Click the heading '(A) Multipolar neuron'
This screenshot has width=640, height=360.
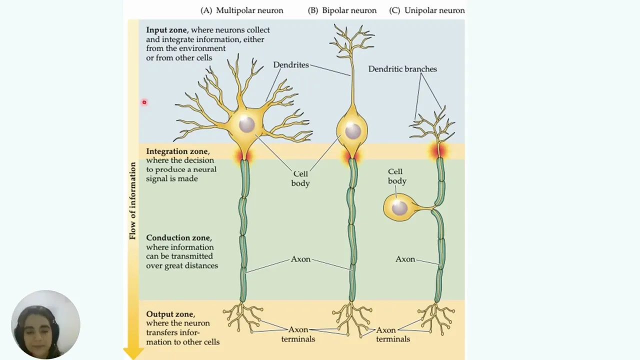(241, 10)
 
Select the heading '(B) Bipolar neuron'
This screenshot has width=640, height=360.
(342, 10)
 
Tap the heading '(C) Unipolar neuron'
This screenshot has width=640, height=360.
(427, 10)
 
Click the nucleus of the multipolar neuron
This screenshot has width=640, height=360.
(247, 124)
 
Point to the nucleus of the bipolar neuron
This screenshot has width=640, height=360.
(353, 131)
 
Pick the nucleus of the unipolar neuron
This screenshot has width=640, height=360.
(399, 207)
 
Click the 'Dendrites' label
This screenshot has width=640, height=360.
(291, 65)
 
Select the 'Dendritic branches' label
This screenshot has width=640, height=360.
(402, 69)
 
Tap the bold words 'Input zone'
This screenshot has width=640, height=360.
(166, 30)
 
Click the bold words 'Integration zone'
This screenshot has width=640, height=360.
(177, 151)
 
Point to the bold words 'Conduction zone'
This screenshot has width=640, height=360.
(178, 237)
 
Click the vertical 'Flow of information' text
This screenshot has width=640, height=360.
(132, 201)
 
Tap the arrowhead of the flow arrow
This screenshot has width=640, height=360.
(133, 353)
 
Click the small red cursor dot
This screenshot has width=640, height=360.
(144, 102)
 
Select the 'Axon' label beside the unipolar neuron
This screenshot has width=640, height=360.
(405, 259)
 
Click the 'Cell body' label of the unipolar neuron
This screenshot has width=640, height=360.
(397, 176)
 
